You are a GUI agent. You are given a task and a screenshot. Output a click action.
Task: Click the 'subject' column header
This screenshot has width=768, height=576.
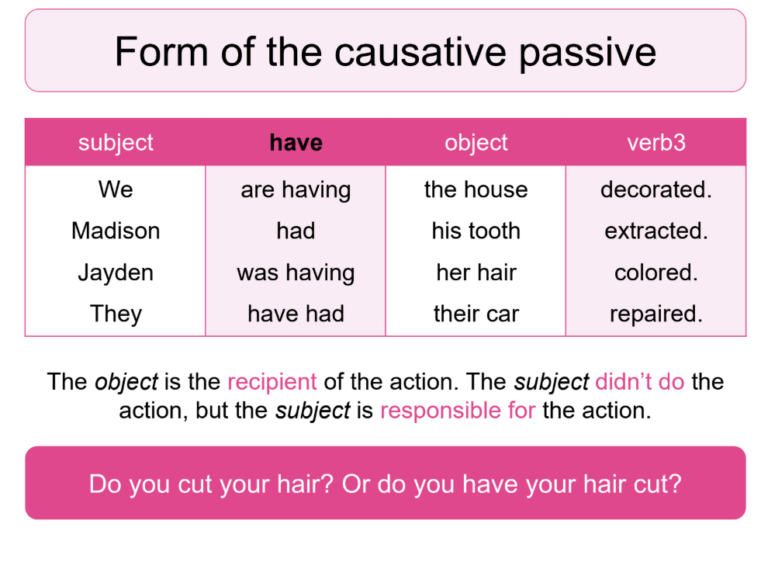116,143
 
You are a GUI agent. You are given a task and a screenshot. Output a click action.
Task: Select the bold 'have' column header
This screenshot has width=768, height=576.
296,143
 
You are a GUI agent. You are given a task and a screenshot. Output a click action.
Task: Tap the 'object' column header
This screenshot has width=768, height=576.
476,143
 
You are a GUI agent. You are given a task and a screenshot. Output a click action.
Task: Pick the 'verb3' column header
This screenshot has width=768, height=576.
656,143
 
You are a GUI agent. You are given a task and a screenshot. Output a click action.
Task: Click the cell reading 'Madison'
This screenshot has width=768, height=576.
116,231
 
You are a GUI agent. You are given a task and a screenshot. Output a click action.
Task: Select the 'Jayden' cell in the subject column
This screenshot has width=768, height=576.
116,272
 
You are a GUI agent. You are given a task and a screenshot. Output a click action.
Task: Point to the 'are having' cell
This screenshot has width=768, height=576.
296,190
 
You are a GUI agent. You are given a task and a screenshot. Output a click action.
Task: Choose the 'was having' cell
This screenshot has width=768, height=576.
296,272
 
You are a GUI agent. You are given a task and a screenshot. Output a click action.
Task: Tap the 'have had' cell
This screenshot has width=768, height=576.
296,314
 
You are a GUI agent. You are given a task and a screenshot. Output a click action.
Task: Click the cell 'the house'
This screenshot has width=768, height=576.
476,190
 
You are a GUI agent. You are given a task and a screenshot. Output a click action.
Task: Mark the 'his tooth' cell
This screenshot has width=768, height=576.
476,231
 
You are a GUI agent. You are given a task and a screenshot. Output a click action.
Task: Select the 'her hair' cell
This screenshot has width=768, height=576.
476,272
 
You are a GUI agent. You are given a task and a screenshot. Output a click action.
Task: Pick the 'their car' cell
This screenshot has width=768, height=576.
476,314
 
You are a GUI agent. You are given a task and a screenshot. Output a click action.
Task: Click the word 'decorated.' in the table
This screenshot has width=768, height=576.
656,190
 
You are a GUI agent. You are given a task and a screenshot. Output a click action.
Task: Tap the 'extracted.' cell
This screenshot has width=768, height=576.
656,231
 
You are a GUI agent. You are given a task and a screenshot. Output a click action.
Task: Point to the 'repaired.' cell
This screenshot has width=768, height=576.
656,314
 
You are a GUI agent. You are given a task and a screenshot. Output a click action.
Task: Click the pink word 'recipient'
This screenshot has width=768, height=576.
272,382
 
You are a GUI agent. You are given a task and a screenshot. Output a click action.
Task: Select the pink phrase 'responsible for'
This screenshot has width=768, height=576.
458,411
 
